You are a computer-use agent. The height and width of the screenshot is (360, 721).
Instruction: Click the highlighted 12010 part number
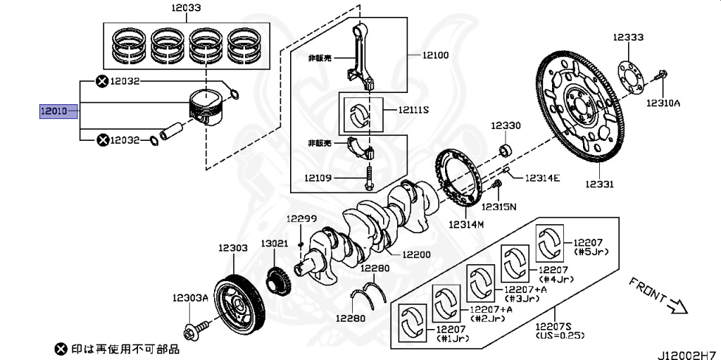pos(54,111)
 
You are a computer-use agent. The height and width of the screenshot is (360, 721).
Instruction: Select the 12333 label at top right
pos(627,37)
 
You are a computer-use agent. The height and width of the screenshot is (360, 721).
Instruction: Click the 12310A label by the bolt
pos(663,102)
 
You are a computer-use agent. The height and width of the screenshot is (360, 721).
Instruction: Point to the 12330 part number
pos(506,125)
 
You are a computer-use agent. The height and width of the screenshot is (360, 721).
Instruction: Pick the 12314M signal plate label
pos(466,225)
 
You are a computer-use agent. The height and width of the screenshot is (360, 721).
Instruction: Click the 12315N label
pos(499,206)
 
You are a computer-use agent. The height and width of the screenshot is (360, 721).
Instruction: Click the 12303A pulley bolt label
pos(191,298)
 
